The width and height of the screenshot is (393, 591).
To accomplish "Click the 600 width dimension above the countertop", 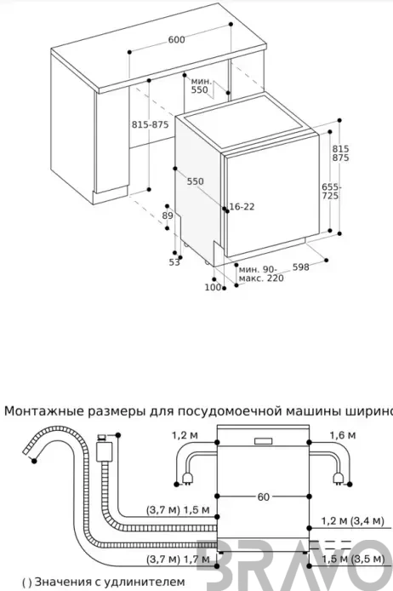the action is pyautogui.click(x=177, y=39).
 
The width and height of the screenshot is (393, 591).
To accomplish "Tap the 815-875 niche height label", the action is pyautogui.click(x=151, y=124).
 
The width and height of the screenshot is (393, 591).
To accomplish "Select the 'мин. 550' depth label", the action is pyautogui.click(x=200, y=85).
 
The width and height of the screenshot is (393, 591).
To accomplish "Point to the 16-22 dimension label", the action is pyautogui.click(x=242, y=207).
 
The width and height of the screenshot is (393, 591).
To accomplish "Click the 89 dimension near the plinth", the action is pyautogui.click(x=168, y=215).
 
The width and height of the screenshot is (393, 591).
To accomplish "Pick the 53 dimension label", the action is pyautogui.click(x=174, y=262).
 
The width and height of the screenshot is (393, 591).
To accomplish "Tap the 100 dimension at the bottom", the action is pyautogui.click(x=213, y=287).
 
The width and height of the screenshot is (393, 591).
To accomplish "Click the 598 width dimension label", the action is pyautogui.click(x=301, y=267).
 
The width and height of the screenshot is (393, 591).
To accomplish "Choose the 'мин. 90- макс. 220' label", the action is pyautogui.click(x=261, y=274).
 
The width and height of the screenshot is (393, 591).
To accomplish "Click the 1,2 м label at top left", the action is pyautogui.click(x=185, y=435).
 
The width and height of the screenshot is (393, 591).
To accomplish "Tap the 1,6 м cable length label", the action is pyautogui.click(x=343, y=435).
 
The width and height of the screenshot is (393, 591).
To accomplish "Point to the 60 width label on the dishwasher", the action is pyautogui.click(x=264, y=497).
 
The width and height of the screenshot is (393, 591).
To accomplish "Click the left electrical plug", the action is pyautogui.click(x=186, y=479).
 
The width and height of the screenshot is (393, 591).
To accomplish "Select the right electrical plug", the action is pyautogui.click(x=338, y=479).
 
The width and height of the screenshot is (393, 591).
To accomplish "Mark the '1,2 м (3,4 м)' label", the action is pyautogui.click(x=353, y=521).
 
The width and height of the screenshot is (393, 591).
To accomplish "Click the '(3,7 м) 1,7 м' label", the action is pyautogui.click(x=178, y=559).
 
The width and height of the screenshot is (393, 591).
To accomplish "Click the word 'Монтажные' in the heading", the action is pyautogui.click(x=44, y=410).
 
